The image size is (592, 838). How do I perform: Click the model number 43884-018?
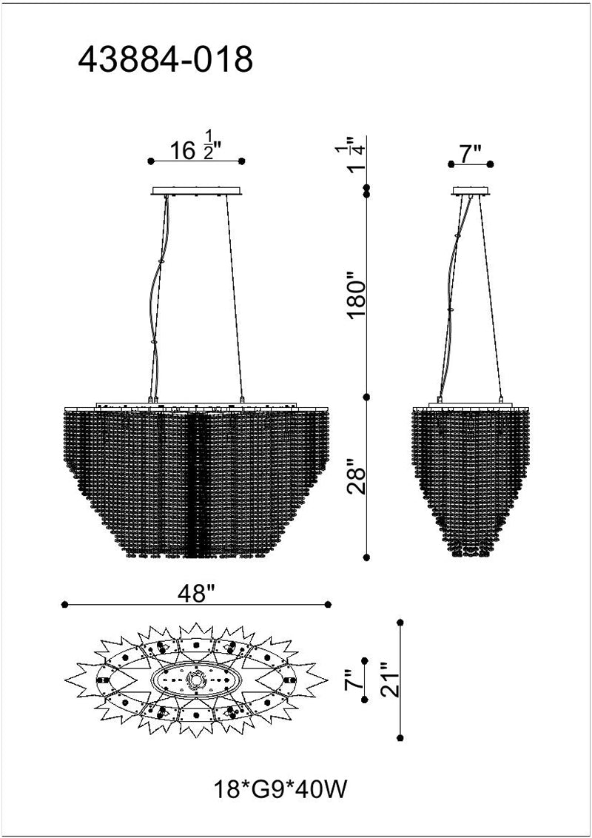(166, 59)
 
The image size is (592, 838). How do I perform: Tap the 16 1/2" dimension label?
(196, 150)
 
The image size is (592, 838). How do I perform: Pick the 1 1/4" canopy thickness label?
(360, 155)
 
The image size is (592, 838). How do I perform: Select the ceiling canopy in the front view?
(197, 191)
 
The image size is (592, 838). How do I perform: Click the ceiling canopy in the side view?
(471, 191)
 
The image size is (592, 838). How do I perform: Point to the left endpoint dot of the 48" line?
(65, 605)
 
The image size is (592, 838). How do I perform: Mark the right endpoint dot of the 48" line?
(329, 605)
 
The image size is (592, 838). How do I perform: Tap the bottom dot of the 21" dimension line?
(400, 737)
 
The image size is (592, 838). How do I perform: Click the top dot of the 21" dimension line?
(400, 622)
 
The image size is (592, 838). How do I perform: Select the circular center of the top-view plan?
(198, 679)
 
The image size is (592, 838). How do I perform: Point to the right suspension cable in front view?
(234, 296)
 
